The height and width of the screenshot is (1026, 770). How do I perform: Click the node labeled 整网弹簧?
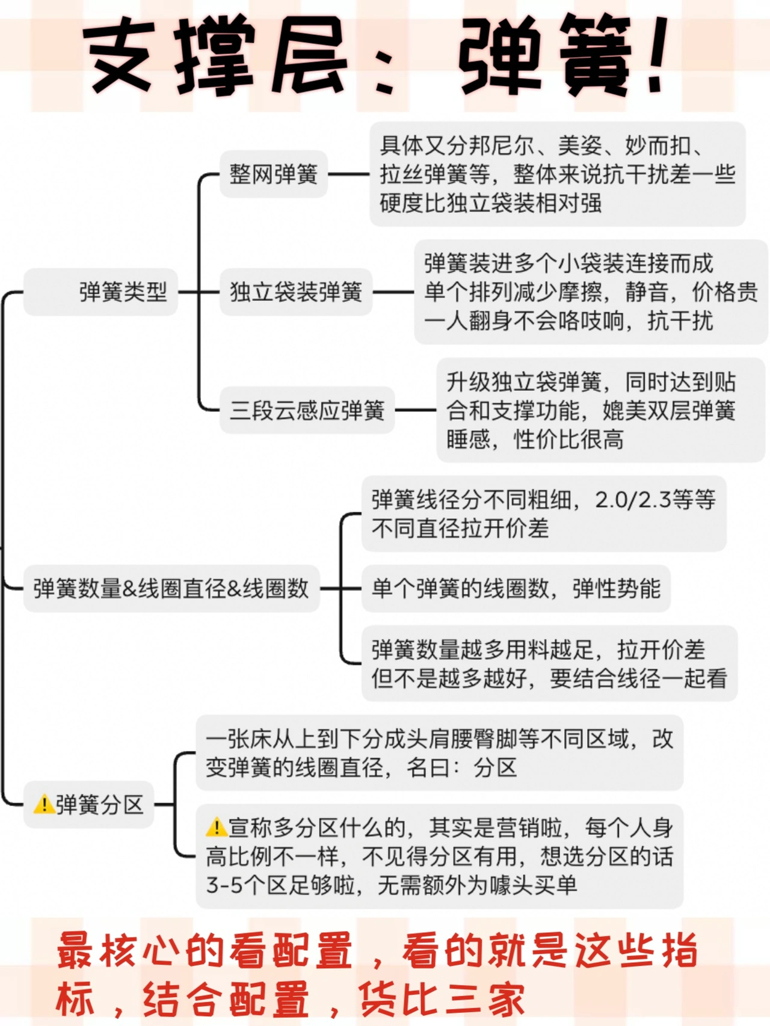coord(273,174)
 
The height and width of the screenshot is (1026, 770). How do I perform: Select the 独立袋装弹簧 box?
coord(295,292)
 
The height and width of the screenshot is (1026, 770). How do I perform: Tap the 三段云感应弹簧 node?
coord(307,410)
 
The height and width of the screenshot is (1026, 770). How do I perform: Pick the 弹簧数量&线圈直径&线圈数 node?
coord(171,588)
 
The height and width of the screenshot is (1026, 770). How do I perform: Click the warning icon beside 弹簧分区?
coord(44,804)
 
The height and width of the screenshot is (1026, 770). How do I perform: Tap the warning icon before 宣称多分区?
coord(216,828)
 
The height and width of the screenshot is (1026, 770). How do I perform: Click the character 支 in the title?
coord(118,57)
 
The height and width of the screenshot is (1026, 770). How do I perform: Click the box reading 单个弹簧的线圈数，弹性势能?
coord(516,588)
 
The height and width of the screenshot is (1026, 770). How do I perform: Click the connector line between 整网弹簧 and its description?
coord(348,174)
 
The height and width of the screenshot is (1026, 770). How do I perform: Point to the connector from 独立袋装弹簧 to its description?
coord(393,292)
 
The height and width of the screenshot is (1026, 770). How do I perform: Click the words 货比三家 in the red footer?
coord(442,999)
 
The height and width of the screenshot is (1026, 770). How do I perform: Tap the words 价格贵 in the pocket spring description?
coord(725,292)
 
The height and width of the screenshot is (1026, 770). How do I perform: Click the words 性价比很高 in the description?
coord(568,440)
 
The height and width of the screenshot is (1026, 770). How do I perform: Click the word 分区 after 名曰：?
coord(495,767)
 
